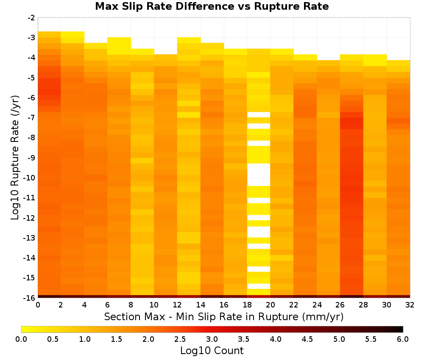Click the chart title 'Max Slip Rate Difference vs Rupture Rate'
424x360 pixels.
(x=212, y=6)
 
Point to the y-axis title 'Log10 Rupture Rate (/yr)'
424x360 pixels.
(x=15, y=158)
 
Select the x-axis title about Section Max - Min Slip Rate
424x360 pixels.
(x=223, y=316)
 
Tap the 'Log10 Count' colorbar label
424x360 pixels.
(x=212, y=351)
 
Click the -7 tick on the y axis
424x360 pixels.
(x=31, y=118)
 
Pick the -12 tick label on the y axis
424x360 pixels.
(x=30, y=218)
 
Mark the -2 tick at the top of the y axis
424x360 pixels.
(x=31, y=18)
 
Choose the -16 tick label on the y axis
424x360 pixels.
(x=30, y=298)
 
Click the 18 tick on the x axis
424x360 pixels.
(x=247, y=305)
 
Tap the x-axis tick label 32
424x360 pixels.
(x=410, y=305)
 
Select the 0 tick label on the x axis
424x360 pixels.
(x=38, y=305)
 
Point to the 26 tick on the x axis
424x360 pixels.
(x=340, y=305)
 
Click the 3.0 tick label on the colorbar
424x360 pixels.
(x=212, y=339)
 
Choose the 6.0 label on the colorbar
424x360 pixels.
(x=403, y=339)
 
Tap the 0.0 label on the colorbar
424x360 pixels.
(x=21, y=339)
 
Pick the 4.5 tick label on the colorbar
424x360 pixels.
(x=307, y=339)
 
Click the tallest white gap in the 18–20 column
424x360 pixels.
(x=259, y=175)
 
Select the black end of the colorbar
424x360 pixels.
(x=400, y=329)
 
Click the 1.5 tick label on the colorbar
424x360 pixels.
(x=117, y=339)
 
